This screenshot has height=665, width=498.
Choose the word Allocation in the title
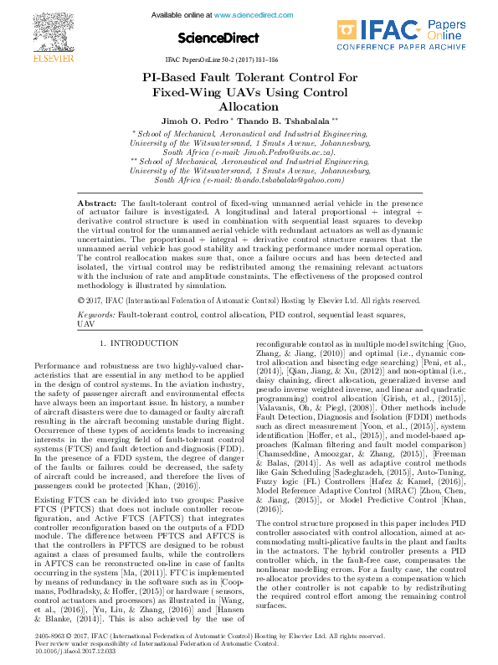coord(249,106)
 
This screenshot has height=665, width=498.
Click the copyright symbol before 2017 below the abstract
coord(80,276)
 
